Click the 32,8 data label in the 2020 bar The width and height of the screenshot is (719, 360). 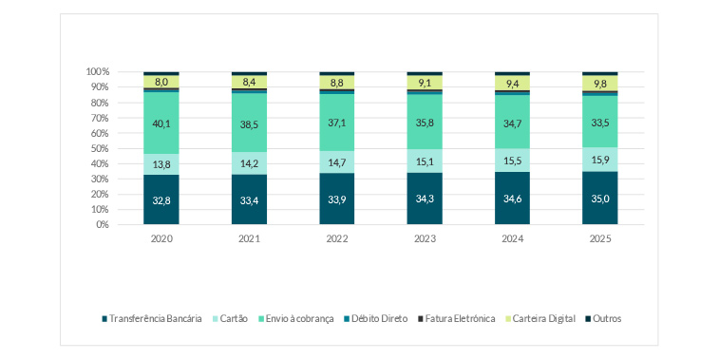point(161,200)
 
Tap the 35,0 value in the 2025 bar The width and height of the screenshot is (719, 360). point(599,199)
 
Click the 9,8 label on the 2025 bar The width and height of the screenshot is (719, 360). point(599,83)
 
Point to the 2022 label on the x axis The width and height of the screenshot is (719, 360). point(336,239)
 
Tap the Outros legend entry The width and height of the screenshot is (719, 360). point(605,318)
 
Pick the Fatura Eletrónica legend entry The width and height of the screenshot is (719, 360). point(459,318)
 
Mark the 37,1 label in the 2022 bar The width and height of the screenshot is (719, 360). point(336,123)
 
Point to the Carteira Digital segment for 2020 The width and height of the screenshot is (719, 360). point(161,82)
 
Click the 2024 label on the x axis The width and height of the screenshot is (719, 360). point(512,239)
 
